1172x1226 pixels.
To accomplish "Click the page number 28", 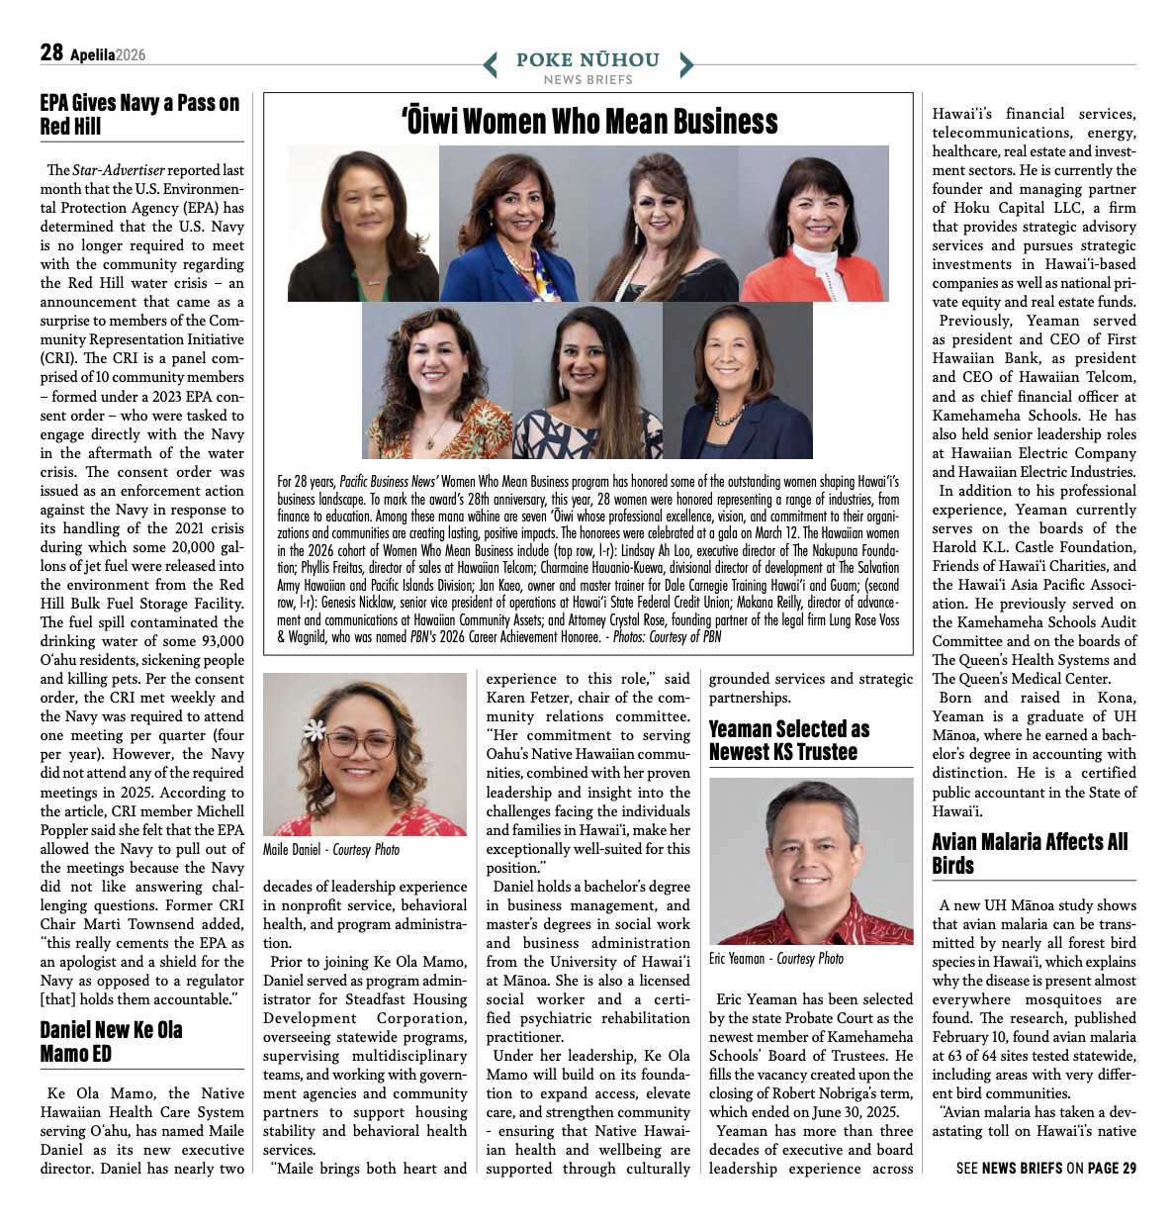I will point(51,52).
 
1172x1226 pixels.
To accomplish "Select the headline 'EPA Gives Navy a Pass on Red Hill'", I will point(139,115).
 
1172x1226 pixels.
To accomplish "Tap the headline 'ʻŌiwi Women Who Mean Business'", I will point(589,122).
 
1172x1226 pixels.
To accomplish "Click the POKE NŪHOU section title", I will point(587,59).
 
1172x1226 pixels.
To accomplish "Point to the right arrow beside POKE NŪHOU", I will point(686,65).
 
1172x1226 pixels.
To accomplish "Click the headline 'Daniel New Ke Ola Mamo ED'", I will point(111,1041).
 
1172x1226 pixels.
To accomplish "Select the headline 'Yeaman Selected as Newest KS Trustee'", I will point(789,740).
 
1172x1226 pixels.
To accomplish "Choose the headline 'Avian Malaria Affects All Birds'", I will point(1030,853).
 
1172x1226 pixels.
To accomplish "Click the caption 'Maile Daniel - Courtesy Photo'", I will point(331,849).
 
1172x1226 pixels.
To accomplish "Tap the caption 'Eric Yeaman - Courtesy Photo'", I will point(776,958).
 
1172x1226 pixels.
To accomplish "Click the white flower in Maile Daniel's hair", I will point(316,730).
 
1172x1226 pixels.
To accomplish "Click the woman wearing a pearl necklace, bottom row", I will point(736,381).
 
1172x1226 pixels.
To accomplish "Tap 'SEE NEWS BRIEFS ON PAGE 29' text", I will point(1045,1169).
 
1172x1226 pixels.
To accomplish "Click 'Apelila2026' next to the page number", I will point(107,55).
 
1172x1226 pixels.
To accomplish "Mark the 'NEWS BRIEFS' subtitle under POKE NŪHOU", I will point(587,79).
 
